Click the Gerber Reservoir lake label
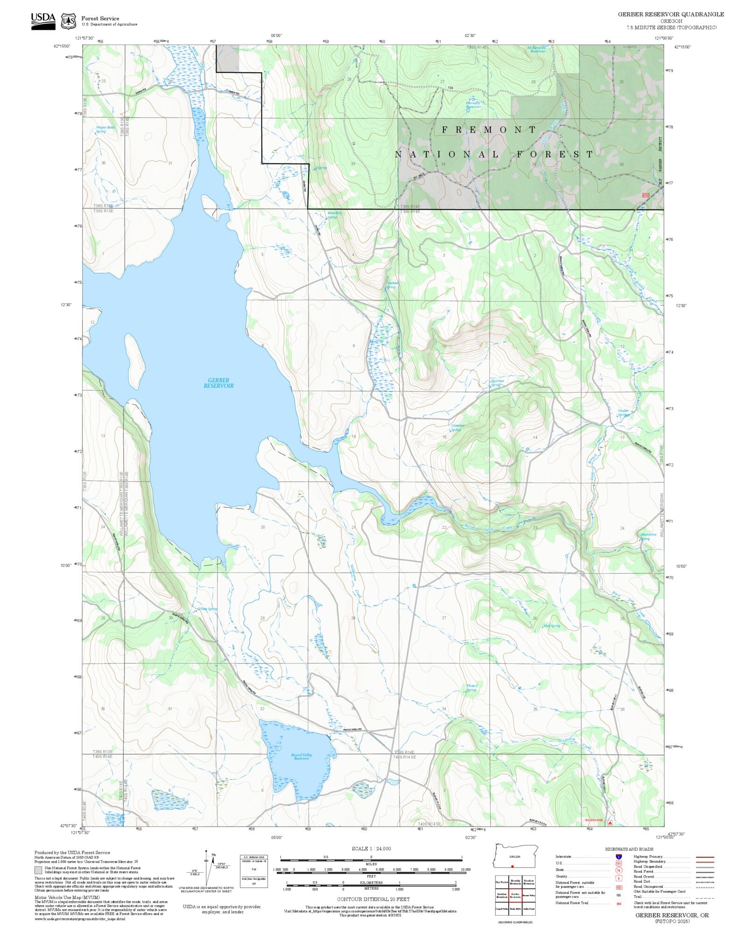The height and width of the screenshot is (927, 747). pos(218,383)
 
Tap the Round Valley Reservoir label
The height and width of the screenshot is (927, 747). pos(302,757)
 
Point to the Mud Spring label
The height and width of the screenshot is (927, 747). pos(551,626)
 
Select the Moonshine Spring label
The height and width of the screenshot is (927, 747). pos(648,537)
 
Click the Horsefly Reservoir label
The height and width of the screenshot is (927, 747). pos(473,105)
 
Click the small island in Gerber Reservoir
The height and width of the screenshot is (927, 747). pos(135,357)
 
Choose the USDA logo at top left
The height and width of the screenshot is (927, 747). pos(43,21)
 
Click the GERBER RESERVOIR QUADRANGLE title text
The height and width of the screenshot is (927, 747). pos(671,14)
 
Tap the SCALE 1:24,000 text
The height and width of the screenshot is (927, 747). pos(371,849)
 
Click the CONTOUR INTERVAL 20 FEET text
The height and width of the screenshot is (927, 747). pos(373,899)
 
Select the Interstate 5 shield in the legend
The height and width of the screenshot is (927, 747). pos(619,857)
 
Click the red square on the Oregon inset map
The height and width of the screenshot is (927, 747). pos(513,866)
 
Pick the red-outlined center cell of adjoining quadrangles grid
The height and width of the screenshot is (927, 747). pos(515,894)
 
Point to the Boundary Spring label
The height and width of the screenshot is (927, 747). pos(334,215)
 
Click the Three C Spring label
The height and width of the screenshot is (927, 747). pos(472,688)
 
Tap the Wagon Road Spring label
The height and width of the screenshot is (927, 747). pos(105,129)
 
